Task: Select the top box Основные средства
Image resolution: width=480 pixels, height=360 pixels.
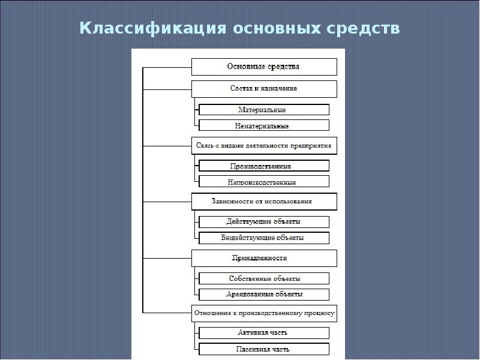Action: (x=264, y=67)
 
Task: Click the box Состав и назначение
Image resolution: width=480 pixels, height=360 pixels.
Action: (x=264, y=89)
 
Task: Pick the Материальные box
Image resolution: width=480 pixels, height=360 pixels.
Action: (x=264, y=110)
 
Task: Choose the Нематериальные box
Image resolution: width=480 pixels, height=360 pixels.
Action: (x=264, y=126)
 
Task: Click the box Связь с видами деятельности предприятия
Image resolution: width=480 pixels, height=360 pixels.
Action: (x=264, y=145)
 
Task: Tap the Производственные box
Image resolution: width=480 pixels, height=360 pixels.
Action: (x=264, y=166)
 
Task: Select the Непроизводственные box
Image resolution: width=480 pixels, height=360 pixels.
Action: (x=264, y=182)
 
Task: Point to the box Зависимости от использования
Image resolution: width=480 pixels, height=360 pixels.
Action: (x=264, y=202)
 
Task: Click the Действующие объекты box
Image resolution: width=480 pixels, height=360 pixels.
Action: (x=264, y=222)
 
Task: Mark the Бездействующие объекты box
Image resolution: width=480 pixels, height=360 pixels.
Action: (x=264, y=238)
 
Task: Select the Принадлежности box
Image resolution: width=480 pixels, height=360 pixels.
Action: (x=264, y=258)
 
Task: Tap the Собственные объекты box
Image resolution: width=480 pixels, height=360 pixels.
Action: (x=264, y=278)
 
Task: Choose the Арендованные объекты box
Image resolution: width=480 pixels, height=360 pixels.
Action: (x=264, y=295)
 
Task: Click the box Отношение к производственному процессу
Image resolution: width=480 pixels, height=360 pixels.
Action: (x=264, y=313)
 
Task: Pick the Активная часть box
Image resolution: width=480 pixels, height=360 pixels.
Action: (x=264, y=332)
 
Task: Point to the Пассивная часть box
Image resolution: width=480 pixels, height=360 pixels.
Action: (x=264, y=349)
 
